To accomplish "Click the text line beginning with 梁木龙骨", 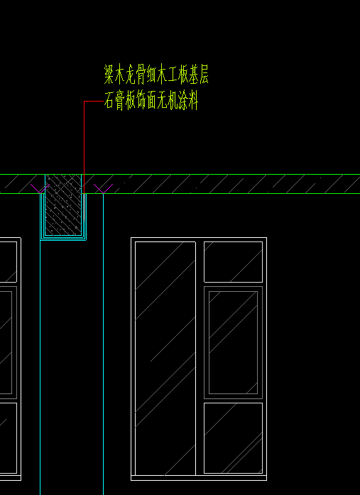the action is coord(156,75).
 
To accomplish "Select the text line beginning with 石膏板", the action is coord(151,100).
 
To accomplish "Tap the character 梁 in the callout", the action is coord(109,75).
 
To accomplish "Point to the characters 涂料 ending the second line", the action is coord(188,100).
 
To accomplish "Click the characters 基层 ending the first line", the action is coord(198,75).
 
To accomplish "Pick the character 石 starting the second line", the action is coord(109,100).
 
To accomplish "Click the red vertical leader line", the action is coord(84,147).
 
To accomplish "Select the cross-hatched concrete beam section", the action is coord(63,205).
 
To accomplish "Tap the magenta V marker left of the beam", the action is coord(40,188).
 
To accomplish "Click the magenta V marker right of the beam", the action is coord(103,188).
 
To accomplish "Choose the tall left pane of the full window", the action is coord(165,358).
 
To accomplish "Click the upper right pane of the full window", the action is coord(233,262).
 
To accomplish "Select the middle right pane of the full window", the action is coord(233,342).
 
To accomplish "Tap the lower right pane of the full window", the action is coord(233,438).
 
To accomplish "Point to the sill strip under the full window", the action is coord(199,478).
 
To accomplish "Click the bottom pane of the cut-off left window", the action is coord(9,438).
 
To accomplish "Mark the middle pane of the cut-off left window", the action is coord(9,342).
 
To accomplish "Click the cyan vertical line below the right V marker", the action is coord(103,344).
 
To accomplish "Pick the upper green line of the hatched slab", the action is coord(180,174).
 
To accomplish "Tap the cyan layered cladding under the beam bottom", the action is coord(63,238).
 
